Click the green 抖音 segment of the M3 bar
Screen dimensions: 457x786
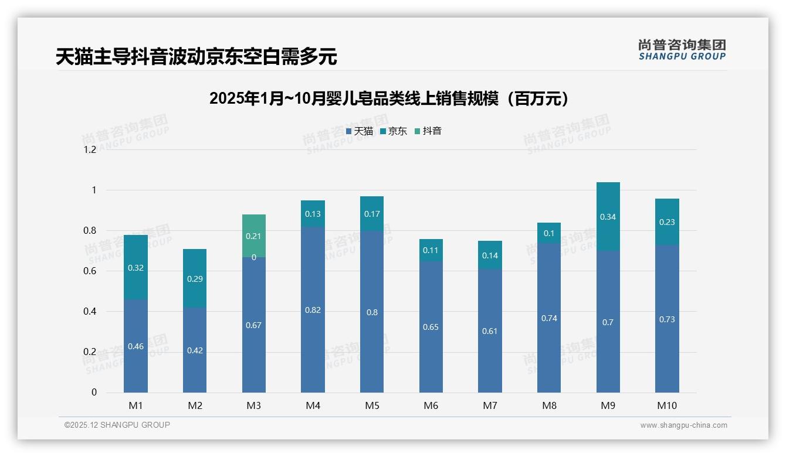point(253,236)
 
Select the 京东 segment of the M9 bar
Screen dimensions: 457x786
point(608,216)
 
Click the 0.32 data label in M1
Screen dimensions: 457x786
point(135,268)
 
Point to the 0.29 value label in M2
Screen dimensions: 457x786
point(195,279)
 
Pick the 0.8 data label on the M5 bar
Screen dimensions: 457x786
point(372,312)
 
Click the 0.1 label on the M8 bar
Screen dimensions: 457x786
point(549,233)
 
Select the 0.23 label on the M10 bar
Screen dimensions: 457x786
point(667,222)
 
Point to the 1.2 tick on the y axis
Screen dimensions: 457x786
point(90,149)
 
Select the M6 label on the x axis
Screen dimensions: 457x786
point(431,405)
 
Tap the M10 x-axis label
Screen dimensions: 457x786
point(667,405)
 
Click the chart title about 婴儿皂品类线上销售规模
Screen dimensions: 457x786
point(389,98)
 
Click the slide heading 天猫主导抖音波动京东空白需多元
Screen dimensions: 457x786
point(196,57)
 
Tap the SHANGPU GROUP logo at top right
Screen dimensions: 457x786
point(682,50)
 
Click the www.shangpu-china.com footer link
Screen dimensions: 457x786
point(683,425)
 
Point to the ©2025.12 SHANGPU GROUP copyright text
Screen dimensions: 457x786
point(117,425)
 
